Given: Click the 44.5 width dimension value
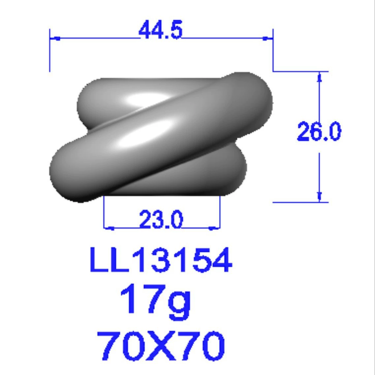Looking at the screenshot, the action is tap(161, 30).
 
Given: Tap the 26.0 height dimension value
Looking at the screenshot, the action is tap(319, 131).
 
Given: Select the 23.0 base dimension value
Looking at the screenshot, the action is tap(161, 219).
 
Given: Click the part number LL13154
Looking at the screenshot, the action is tap(161, 260).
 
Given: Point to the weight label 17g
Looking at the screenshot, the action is tap(155, 302).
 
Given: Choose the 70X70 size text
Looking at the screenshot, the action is tap(161, 346).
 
